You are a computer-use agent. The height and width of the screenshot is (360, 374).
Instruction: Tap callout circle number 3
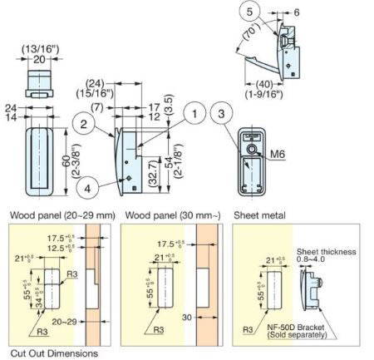coord(220,114)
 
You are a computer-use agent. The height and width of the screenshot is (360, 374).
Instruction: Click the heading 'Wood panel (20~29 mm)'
coord(61,215)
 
